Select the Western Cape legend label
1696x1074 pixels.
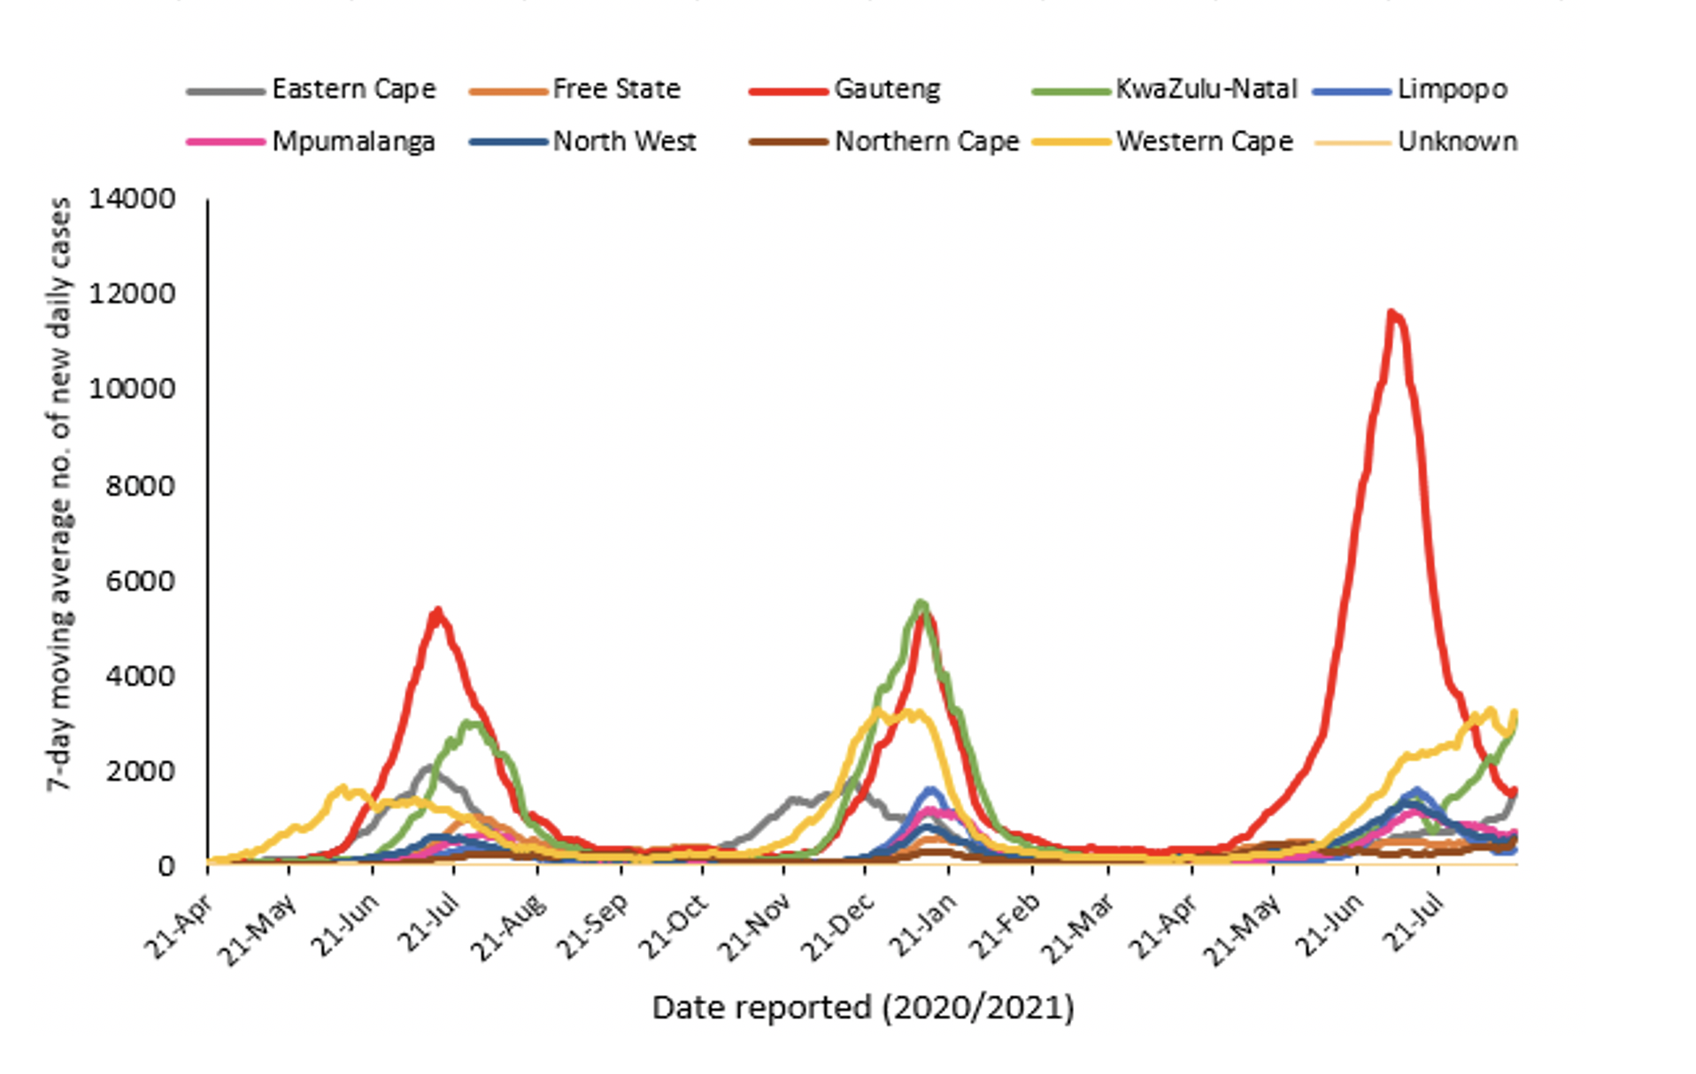pyautogui.click(x=1204, y=142)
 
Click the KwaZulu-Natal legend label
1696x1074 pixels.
pyautogui.click(x=1206, y=89)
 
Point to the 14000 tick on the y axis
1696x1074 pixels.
pyautogui.click(x=132, y=199)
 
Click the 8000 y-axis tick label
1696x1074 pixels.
pyautogui.click(x=140, y=486)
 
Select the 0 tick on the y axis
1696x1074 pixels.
pyautogui.click(x=166, y=866)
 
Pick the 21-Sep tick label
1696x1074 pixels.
pyautogui.click(x=592, y=925)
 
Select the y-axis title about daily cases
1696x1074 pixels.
pyautogui.click(x=60, y=494)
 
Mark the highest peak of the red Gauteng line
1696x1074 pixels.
pyautogui.click(x=1391, y=312)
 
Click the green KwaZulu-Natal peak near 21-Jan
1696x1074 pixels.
pyautogui.click(x=921, y=603)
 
